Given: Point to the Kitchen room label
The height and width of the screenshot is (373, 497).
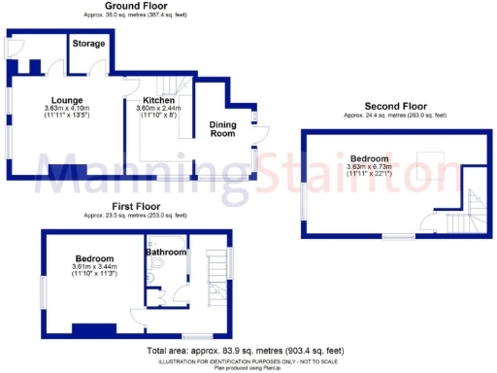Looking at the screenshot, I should tap(158, 100).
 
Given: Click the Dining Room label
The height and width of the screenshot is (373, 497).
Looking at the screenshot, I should tap(223, 129).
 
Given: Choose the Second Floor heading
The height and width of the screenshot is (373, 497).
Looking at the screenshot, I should tap(394, 106).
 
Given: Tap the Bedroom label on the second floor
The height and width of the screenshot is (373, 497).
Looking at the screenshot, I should tap(370, 158).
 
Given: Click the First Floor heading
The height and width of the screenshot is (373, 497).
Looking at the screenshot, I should tap(136, 207).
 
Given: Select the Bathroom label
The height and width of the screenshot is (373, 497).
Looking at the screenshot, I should tap(165, 253).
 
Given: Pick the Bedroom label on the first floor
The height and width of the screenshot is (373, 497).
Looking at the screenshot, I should tap(94, 258).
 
